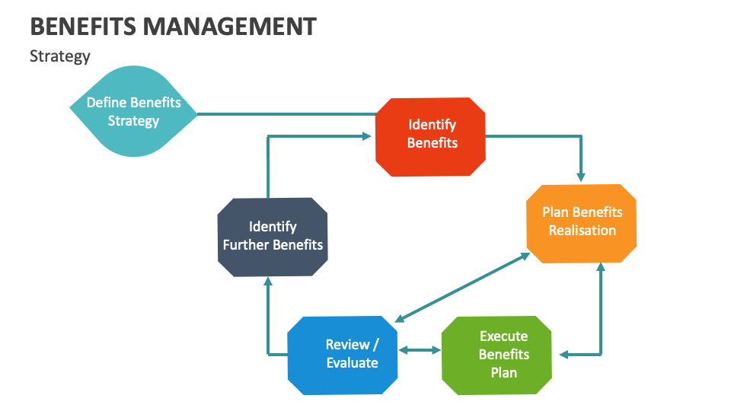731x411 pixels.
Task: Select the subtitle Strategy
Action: point(59,56)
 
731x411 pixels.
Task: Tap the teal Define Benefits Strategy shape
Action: point(133,112)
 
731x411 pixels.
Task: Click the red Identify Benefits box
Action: point(432,137)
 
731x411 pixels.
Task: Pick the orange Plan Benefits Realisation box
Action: point(582,223)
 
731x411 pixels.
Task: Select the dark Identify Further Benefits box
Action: point(273,237)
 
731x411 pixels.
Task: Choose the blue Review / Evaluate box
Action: point(343,355)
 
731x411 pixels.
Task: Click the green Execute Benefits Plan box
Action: point(496,355)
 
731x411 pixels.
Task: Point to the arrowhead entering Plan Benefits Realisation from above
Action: point(582,177)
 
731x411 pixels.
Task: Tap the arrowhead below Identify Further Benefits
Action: point(268,282)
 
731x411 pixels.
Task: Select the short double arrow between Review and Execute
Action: point(420,350)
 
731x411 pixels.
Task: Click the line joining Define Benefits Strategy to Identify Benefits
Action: point(286,115)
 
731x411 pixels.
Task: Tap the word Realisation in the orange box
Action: point(582,231)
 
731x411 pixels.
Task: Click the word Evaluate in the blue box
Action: point(352,363)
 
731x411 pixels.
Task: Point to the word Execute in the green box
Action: point(503,336)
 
